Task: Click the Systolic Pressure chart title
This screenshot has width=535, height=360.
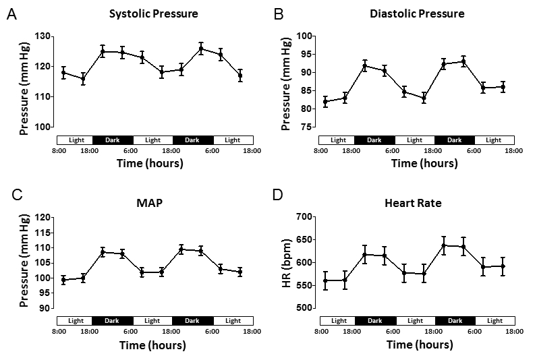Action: pyautogui.click(x=154, y=13)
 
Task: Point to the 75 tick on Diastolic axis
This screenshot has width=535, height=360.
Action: pyautogui.click(x=307, y=127)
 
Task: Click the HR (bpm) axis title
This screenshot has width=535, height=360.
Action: pyautogui.click(x=285, y=262)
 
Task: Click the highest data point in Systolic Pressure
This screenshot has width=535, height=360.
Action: pyautogui.click(x=201, y=48)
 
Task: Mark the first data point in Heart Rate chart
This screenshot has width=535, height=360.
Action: pyautogui.click(x=326, y=280)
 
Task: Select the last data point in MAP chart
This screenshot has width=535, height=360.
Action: pyautogui.click(x=240, y=272)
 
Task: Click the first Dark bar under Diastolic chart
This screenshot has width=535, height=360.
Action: pyautogui.click(x=374, y=140)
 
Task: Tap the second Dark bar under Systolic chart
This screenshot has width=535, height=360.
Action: pyautogui.click(x=192, y=140)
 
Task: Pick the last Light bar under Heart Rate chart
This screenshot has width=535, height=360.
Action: pyautogui.click(x=494, y=320)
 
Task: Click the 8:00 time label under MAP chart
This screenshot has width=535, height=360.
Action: pyautogui.click(x=59, y=331)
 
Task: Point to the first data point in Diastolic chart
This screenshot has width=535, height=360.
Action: pyautogui.click(x=326, y=101)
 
